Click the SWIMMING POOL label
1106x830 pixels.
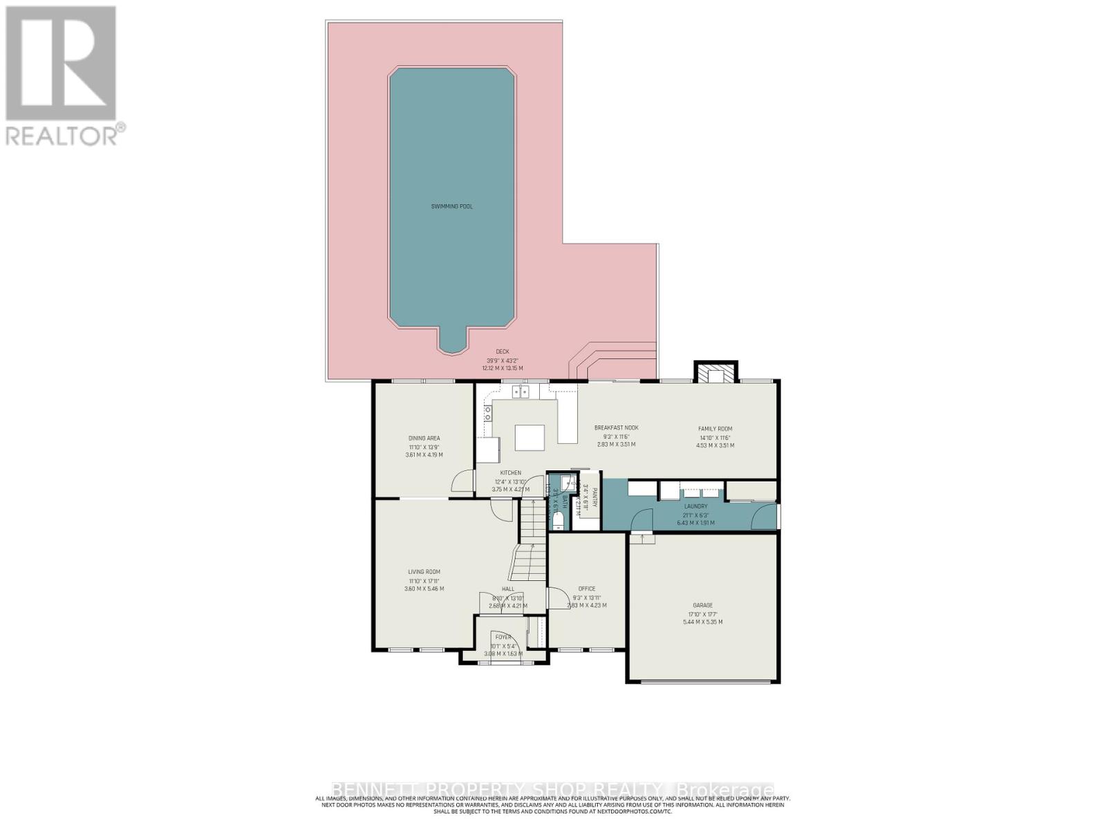pos(452,206)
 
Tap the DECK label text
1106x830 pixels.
pos(502,351)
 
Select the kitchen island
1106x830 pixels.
pos(529,437)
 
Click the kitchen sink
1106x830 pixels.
pos(520,392)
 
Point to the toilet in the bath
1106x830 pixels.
pos(558,519)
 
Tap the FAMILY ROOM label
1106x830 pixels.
pos(715,429)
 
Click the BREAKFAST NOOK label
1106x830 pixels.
pos(616,427)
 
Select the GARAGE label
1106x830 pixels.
pos(702,605)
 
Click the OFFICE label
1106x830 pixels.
pos(586,589)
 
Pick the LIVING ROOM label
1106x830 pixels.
pos(424,571)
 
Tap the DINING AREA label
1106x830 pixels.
pos(424,438)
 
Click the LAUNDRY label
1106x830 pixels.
pos(695,506)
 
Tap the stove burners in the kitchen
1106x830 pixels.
pos(487,414)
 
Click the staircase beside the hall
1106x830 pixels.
pos(531,539)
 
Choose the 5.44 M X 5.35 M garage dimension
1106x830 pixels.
pos(702,622)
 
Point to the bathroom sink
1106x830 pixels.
pos(565,482)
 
